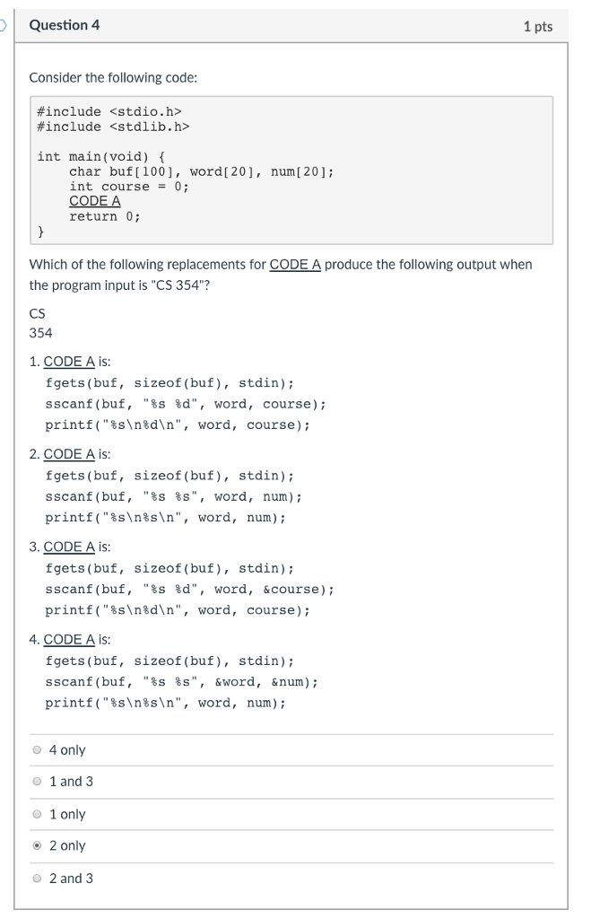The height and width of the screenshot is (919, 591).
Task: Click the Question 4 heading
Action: pyautogui.click(x=65, y=26)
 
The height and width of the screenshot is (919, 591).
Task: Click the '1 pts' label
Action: pyautogui.click(x=538, y=27)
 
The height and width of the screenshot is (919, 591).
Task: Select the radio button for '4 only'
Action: pyautogui.click(x=37, y=749)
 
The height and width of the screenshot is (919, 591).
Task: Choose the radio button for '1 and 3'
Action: pyautogui.click(x=37, y=782)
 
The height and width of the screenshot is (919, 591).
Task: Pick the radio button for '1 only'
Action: pyautogui.click(x=37, y=814)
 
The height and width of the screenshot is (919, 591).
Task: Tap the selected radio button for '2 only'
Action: pyautogui.click(x=37, y=845)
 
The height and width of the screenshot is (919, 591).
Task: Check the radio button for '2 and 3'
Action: pyautogui.click(x=37, y=878)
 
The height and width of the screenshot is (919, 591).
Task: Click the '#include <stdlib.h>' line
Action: pyautogui.click(x=113, y=127)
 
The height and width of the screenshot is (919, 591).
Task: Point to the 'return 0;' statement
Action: pyautogui.click(x=105, y=216)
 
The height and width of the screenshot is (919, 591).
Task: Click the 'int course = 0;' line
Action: pyautogui.click(x=129, y=187)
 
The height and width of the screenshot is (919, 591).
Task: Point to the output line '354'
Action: pyautogui.click(x=41, y=333)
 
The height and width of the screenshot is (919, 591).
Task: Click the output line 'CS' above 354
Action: pyautogui.click(x=38, y=313)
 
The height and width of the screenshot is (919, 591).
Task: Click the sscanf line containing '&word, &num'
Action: pyautogui.click(x=181, y=682)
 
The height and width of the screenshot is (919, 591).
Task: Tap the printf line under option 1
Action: pyautogui.click(x=178, y=424)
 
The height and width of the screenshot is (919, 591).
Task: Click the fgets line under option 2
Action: pyautogui.click(x=169, y=476)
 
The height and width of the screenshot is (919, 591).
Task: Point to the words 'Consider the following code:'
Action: pyautogui.click(x=113, y=77)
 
